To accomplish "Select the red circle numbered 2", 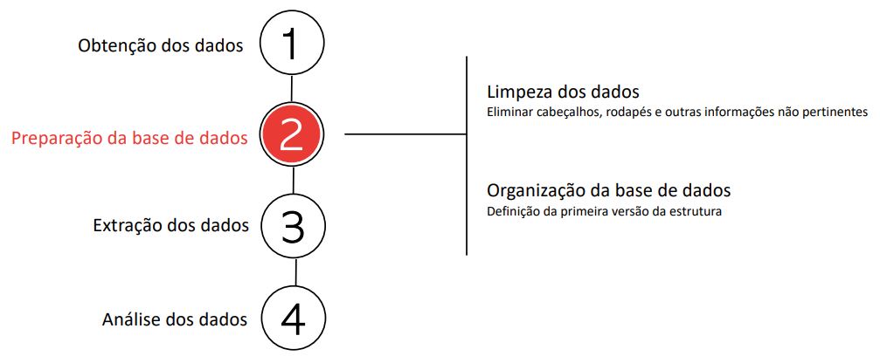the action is tap(292, 135).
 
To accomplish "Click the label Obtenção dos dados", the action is tap(161, 45).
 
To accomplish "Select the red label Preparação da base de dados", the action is tap(129, 139).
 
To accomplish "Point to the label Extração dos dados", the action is tap(170, 226).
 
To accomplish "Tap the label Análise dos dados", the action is tap(175, 319).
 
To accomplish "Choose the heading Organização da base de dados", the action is tap(609, 190).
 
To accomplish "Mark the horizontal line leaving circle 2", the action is tap(405, 134).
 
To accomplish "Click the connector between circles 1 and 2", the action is tap(292, 90).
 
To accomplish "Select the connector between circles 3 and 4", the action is tap(295, 273).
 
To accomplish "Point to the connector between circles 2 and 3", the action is tap(294, 181).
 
